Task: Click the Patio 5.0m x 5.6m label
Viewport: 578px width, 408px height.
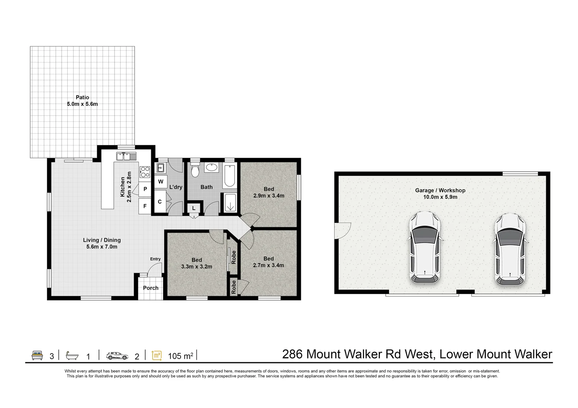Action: pyautogui.click(x=82, y=101)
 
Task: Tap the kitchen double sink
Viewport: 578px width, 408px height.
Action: pyautogui.click(x=126, y=156)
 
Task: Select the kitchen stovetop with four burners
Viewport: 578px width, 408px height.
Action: pyautogui.click(x=145, y=172)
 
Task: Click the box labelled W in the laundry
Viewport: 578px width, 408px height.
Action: pyautogui.click(x=161, y=182)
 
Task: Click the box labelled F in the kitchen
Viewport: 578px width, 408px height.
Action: pyautogui.click(x=145, y=206)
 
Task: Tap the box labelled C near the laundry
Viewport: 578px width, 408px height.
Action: pyautogui.click(x=160, y=202)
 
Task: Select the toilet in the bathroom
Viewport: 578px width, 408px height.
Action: pyautogui.click(x=195, y=170)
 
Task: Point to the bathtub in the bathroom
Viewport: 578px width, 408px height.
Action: pyautogui.click(x=230, y=176)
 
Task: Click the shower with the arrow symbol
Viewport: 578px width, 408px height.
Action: pyautogui.click(x=230, y=202)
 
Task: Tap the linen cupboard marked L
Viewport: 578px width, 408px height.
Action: pyautogui.click(x=194, y=208)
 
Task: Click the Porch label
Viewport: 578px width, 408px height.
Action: pyautogui.click(x=150, y=288)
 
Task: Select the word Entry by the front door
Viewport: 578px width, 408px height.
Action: pyautogui.click(x=155, y=259)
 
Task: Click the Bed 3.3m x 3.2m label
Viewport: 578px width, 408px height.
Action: pyautogui.click(x=197, y=263)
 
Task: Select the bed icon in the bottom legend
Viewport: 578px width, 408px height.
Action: pyautogui.click(x=37, y=355)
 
